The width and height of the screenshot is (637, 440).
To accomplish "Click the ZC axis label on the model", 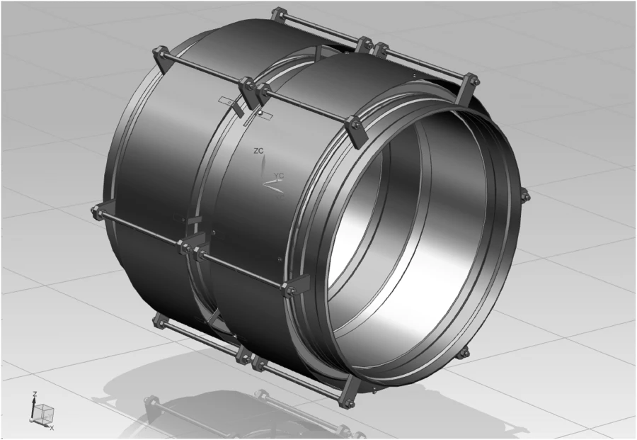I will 258,152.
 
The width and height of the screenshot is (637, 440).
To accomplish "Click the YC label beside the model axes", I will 279,175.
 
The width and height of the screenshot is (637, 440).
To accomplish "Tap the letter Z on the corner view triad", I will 33,394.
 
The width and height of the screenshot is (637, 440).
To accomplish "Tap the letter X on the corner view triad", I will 52,428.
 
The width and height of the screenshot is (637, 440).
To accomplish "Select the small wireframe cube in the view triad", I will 44,412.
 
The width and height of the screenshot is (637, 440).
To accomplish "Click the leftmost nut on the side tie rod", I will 96,211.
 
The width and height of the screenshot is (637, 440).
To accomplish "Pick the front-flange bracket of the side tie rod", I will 294,287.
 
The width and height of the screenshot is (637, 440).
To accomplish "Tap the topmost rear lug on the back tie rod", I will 276,15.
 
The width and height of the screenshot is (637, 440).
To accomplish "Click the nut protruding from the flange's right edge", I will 524,194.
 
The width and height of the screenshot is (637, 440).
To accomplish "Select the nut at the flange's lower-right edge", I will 464,352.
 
